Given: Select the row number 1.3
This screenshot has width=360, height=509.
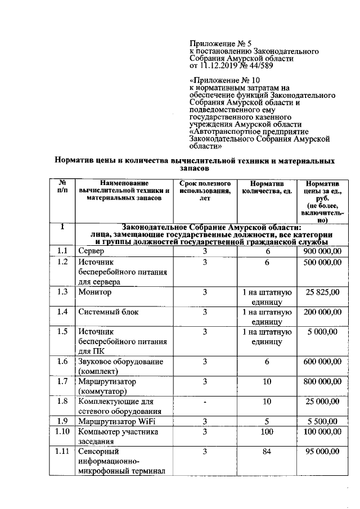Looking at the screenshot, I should coord(62,292).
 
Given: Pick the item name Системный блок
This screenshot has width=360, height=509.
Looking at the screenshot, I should coord(109,312).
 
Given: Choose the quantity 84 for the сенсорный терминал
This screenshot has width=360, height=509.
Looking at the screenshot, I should coord(267,451).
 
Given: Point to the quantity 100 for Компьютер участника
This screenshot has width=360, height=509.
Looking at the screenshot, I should coord(267,431).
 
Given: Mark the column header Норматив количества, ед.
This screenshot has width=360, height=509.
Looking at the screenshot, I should coord(267,187).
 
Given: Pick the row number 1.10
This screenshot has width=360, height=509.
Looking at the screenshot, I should coord(62,431).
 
